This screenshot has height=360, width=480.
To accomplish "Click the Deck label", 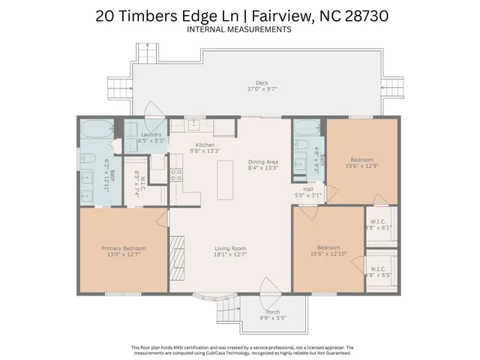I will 261,83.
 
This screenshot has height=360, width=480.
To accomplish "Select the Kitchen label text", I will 205,145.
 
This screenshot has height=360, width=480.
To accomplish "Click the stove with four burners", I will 178,175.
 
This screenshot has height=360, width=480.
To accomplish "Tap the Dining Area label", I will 262,163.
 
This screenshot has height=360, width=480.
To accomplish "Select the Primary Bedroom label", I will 124,248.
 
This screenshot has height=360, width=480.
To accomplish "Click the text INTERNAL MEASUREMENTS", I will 239,30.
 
